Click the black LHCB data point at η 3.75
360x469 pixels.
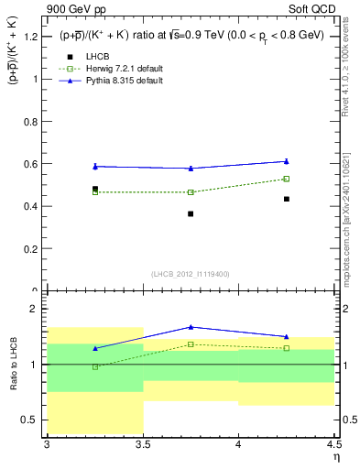click(x=191, y=214)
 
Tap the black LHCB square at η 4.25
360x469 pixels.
click(x=287, y=199)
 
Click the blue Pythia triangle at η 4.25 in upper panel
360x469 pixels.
click(x=287, y=161)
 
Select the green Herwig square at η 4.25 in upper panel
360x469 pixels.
click(x=287, y=179)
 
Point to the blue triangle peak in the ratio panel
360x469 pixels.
click(x=191, y=327)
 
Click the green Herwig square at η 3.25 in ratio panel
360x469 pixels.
click(x=95, y=366)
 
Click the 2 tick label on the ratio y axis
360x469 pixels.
click(x=36, y=309)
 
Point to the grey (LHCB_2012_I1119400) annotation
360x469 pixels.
click(x=191, y=274)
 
